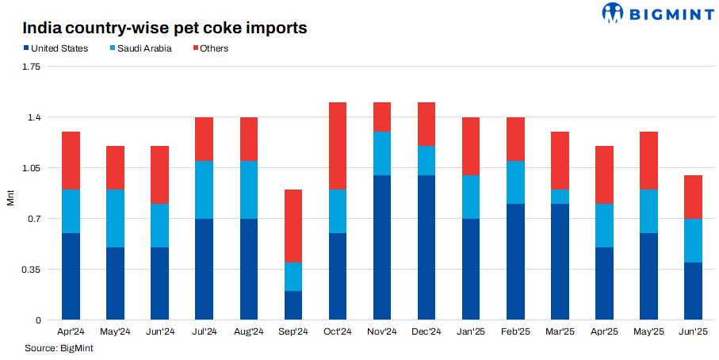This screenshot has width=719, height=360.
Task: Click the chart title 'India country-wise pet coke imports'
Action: click(x=164, y=29)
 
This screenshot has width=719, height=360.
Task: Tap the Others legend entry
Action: click(x=210, y=49)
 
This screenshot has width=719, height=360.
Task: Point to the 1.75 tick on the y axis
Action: click(x=30, y=67)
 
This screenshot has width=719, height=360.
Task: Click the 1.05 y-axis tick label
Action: click(x=30, y=168)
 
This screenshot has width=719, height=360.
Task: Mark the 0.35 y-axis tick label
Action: click(x=30, y=270)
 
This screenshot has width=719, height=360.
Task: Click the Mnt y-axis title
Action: click(x=10, y=197)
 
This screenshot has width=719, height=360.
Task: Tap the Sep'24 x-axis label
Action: click(x=293, y=332)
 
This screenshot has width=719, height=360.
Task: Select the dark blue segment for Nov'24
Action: click(x=382, y=247)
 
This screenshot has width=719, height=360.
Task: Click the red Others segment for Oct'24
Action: click(x=338, y=146)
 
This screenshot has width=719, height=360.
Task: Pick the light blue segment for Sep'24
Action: click(x=293, y=277)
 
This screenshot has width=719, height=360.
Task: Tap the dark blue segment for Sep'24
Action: click(x=293, y=305)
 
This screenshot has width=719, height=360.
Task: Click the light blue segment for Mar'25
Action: click(x=560, y=197)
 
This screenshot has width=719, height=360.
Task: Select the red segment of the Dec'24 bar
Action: click(x=426, y=124)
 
